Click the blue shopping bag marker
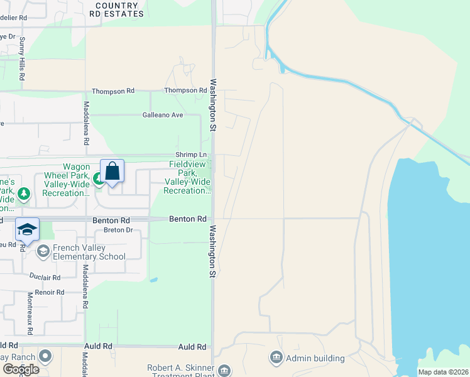(x=112, y=171)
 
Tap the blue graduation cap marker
(x=27, y=230)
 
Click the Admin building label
(x=315, y=358)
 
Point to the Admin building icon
(x=275, y=358)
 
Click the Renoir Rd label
(x=50, y=292)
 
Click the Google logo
(x=21, y=369)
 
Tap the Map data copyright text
(x=443, y=372)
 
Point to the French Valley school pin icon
(x=43, y=252)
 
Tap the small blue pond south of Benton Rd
(x=155, y=279)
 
